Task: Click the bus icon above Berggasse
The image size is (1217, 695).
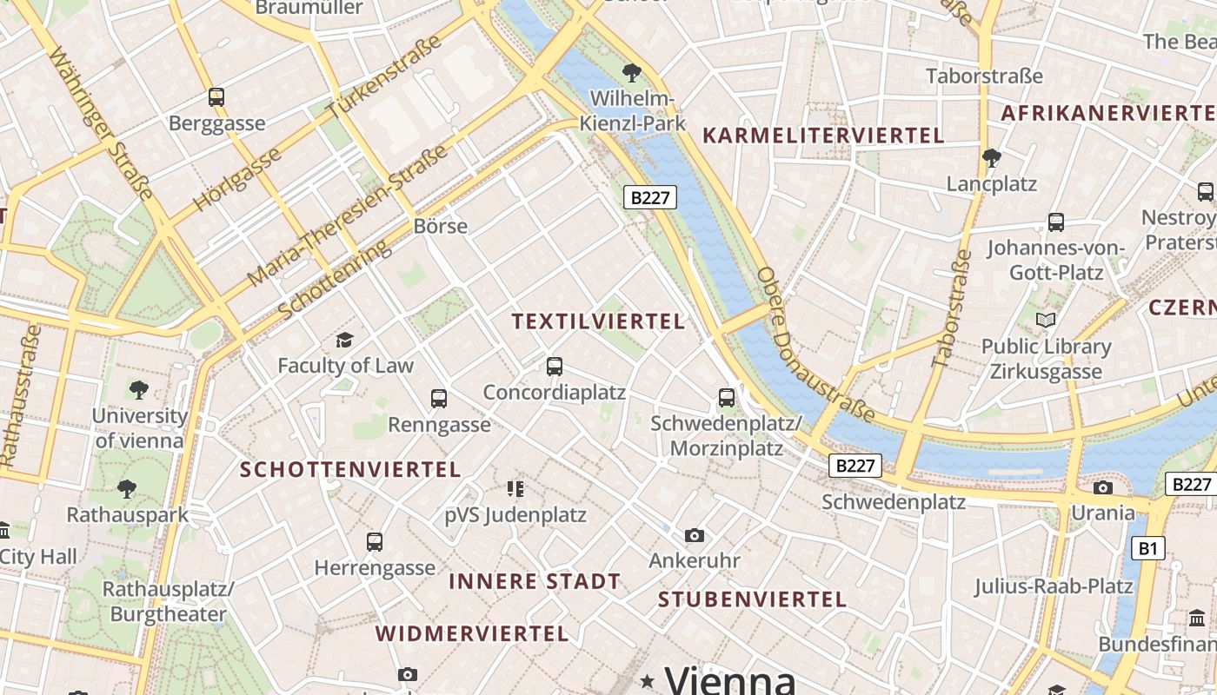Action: (216, 97)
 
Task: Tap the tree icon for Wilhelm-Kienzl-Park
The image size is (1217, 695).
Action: (632, 73)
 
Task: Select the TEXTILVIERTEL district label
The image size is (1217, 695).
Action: (598, 321)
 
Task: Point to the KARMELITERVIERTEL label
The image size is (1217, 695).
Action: (822, 136)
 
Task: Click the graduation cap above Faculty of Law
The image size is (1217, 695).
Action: (345, 340)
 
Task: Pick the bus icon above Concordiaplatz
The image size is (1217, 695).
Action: (555, 367)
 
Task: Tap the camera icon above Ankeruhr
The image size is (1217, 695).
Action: (694, 535)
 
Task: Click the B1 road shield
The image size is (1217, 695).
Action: (1148, 548)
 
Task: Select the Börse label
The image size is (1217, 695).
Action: (441, 226)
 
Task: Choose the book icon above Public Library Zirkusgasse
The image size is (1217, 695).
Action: (1046, 321)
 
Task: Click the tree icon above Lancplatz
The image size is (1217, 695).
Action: (991, 157)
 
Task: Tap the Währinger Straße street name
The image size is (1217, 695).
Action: (102, 124)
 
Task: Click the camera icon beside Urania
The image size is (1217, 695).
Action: (1103, 487)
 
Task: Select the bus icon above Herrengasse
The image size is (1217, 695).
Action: (375, 542)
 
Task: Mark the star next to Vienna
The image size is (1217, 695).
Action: (647, 680)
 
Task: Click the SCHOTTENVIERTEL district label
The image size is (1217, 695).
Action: (349, 470)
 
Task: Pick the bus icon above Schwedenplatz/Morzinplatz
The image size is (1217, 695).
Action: (727, 398)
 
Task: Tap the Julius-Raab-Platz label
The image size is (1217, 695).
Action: (1053, 586)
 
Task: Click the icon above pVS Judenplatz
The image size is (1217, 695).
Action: (515, 489)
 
